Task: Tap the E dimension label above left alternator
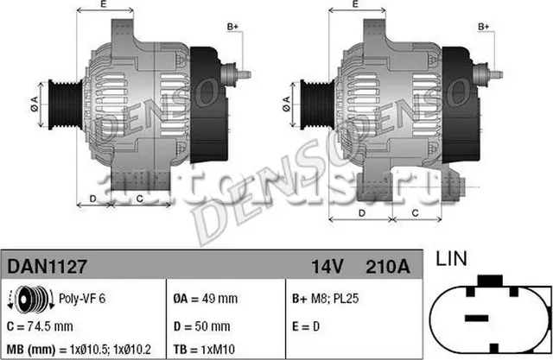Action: [x=104, y=6]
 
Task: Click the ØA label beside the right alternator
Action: [x=286, y=106]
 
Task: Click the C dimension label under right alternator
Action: [x=416, y=212]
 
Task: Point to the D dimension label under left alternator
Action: [x=92, y=199]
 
